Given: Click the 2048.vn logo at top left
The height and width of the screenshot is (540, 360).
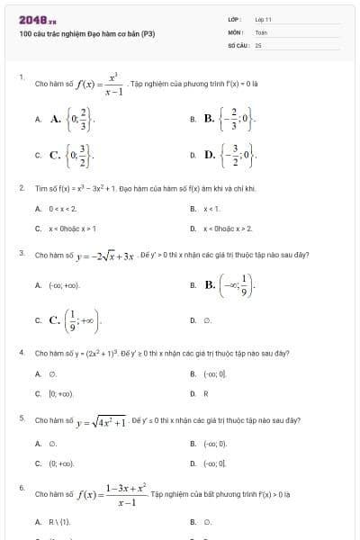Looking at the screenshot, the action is (37, 18).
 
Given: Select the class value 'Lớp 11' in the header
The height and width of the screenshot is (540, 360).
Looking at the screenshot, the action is (263, 18).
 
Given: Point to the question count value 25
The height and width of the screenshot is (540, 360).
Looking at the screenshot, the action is (258, 43).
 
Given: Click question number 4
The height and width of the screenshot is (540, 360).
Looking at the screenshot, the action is (22, 353).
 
